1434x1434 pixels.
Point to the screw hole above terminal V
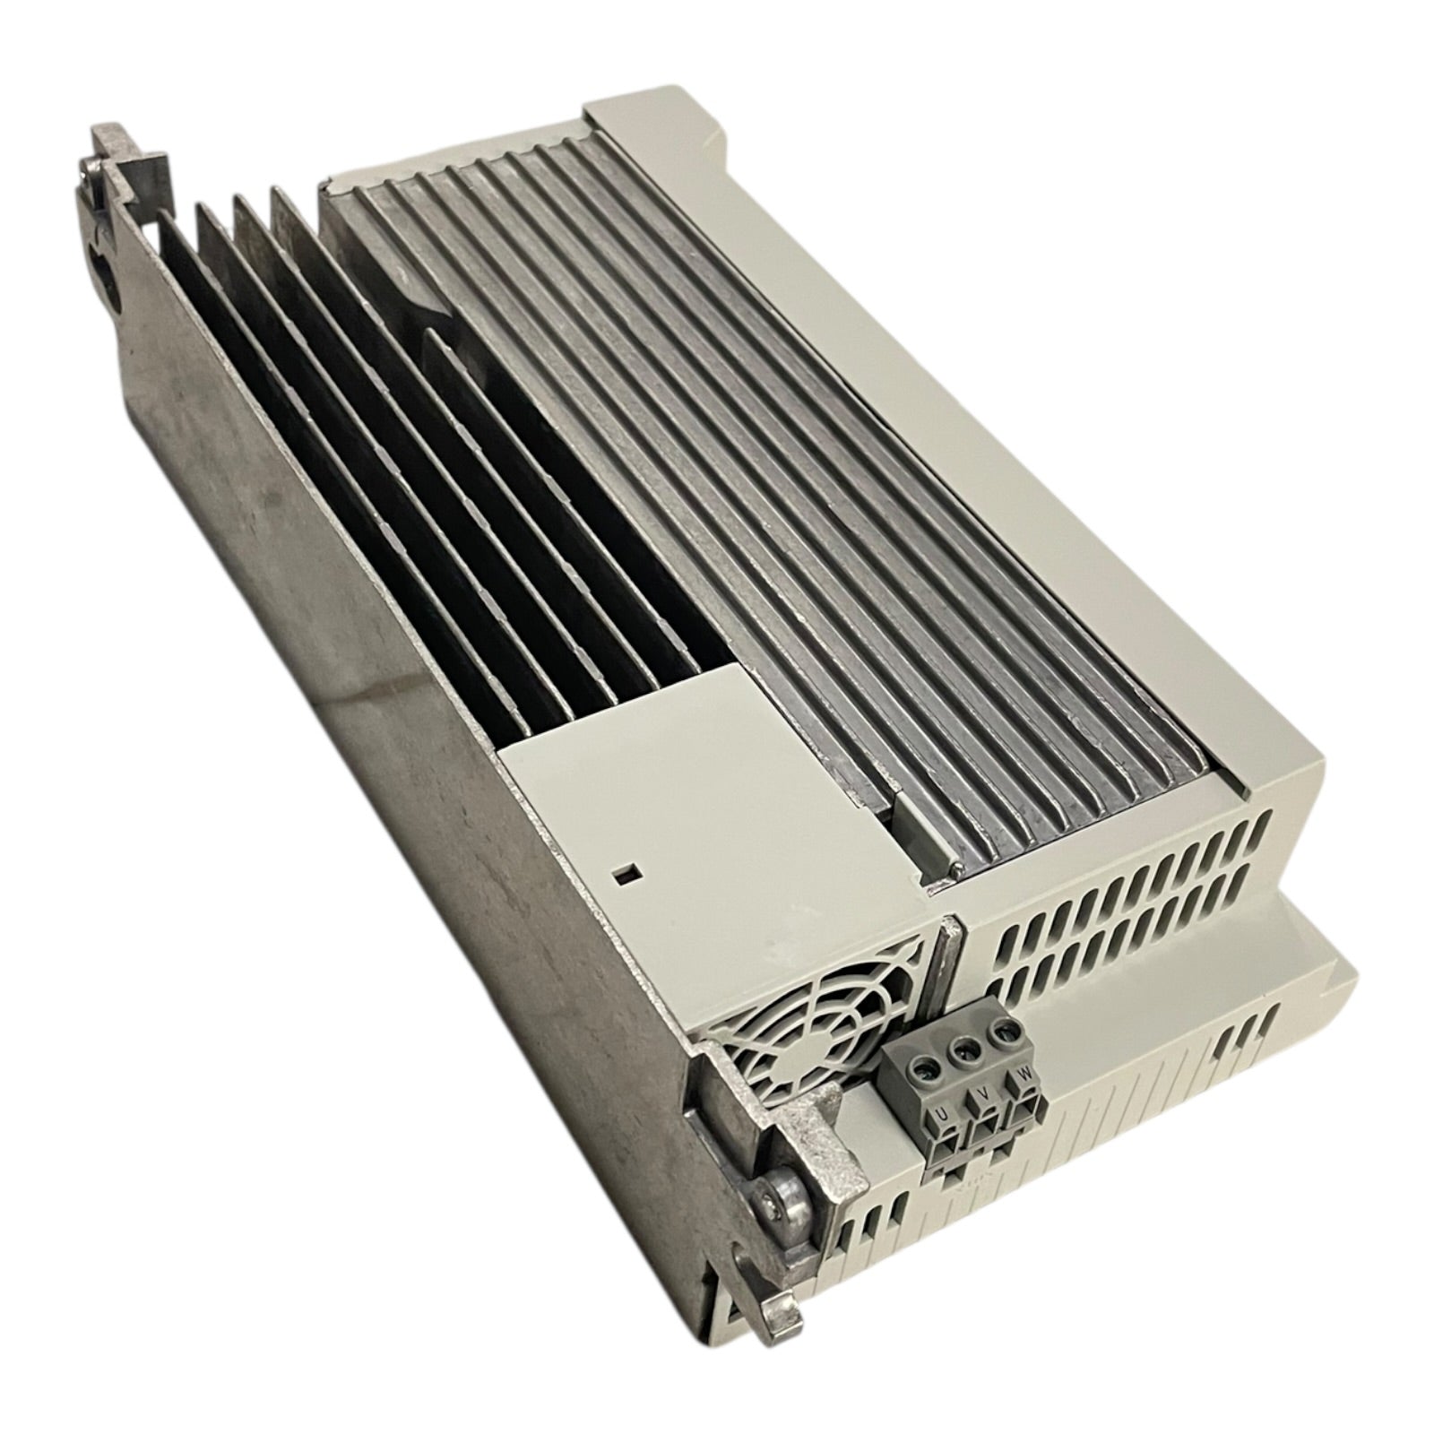pyautogui.click(x=963, y=1049)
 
